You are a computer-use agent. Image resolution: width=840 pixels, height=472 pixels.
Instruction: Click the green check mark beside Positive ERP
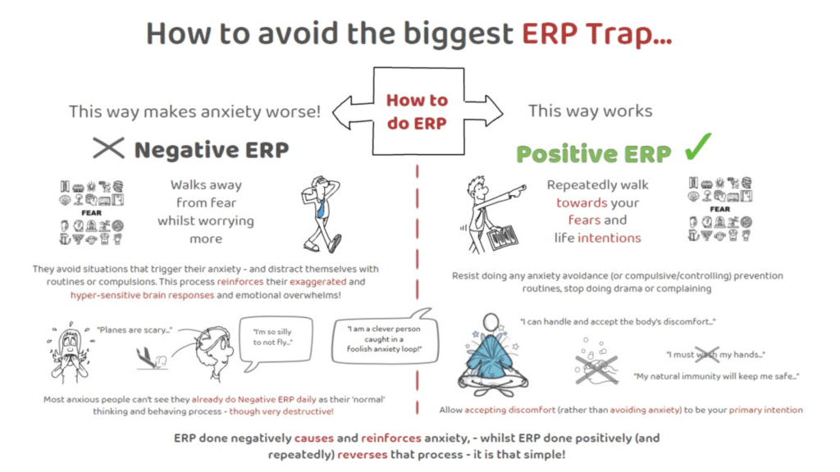(x=697, y=147)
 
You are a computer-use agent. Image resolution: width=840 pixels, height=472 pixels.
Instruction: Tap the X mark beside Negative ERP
(x=108, y=147)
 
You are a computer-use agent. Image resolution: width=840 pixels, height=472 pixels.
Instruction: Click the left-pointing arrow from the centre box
(x=352, y=112)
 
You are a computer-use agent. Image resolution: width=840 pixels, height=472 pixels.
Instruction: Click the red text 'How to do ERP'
(x=417, y=111)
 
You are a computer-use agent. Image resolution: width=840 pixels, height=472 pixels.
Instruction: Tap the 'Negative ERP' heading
(x=212, y=150)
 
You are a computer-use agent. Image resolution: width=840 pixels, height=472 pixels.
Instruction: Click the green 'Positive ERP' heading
(x=594, y=154)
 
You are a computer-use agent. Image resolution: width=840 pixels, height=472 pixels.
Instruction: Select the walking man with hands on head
(x=322, y=214)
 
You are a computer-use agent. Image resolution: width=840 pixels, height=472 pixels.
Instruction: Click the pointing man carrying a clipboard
(x=491, y=214)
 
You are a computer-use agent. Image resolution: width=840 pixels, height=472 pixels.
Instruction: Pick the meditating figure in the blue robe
(x=492, y=355)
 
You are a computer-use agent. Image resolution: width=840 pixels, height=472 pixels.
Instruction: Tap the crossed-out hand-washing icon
(x=596, y=363)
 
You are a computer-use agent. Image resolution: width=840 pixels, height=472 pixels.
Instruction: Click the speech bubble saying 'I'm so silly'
(x=276, y=342)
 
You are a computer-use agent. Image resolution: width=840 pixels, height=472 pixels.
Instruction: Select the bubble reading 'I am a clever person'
(x=385, y=337)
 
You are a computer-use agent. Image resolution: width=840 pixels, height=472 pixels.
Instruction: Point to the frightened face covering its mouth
(x=71, y=353)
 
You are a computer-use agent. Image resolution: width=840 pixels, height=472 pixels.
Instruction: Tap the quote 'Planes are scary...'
(x=135, y=330)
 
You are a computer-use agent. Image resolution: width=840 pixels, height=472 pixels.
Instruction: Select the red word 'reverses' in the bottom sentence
(x=362, y=455)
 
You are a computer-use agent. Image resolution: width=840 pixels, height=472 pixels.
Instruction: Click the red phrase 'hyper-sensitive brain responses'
(x=142, y=295)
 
